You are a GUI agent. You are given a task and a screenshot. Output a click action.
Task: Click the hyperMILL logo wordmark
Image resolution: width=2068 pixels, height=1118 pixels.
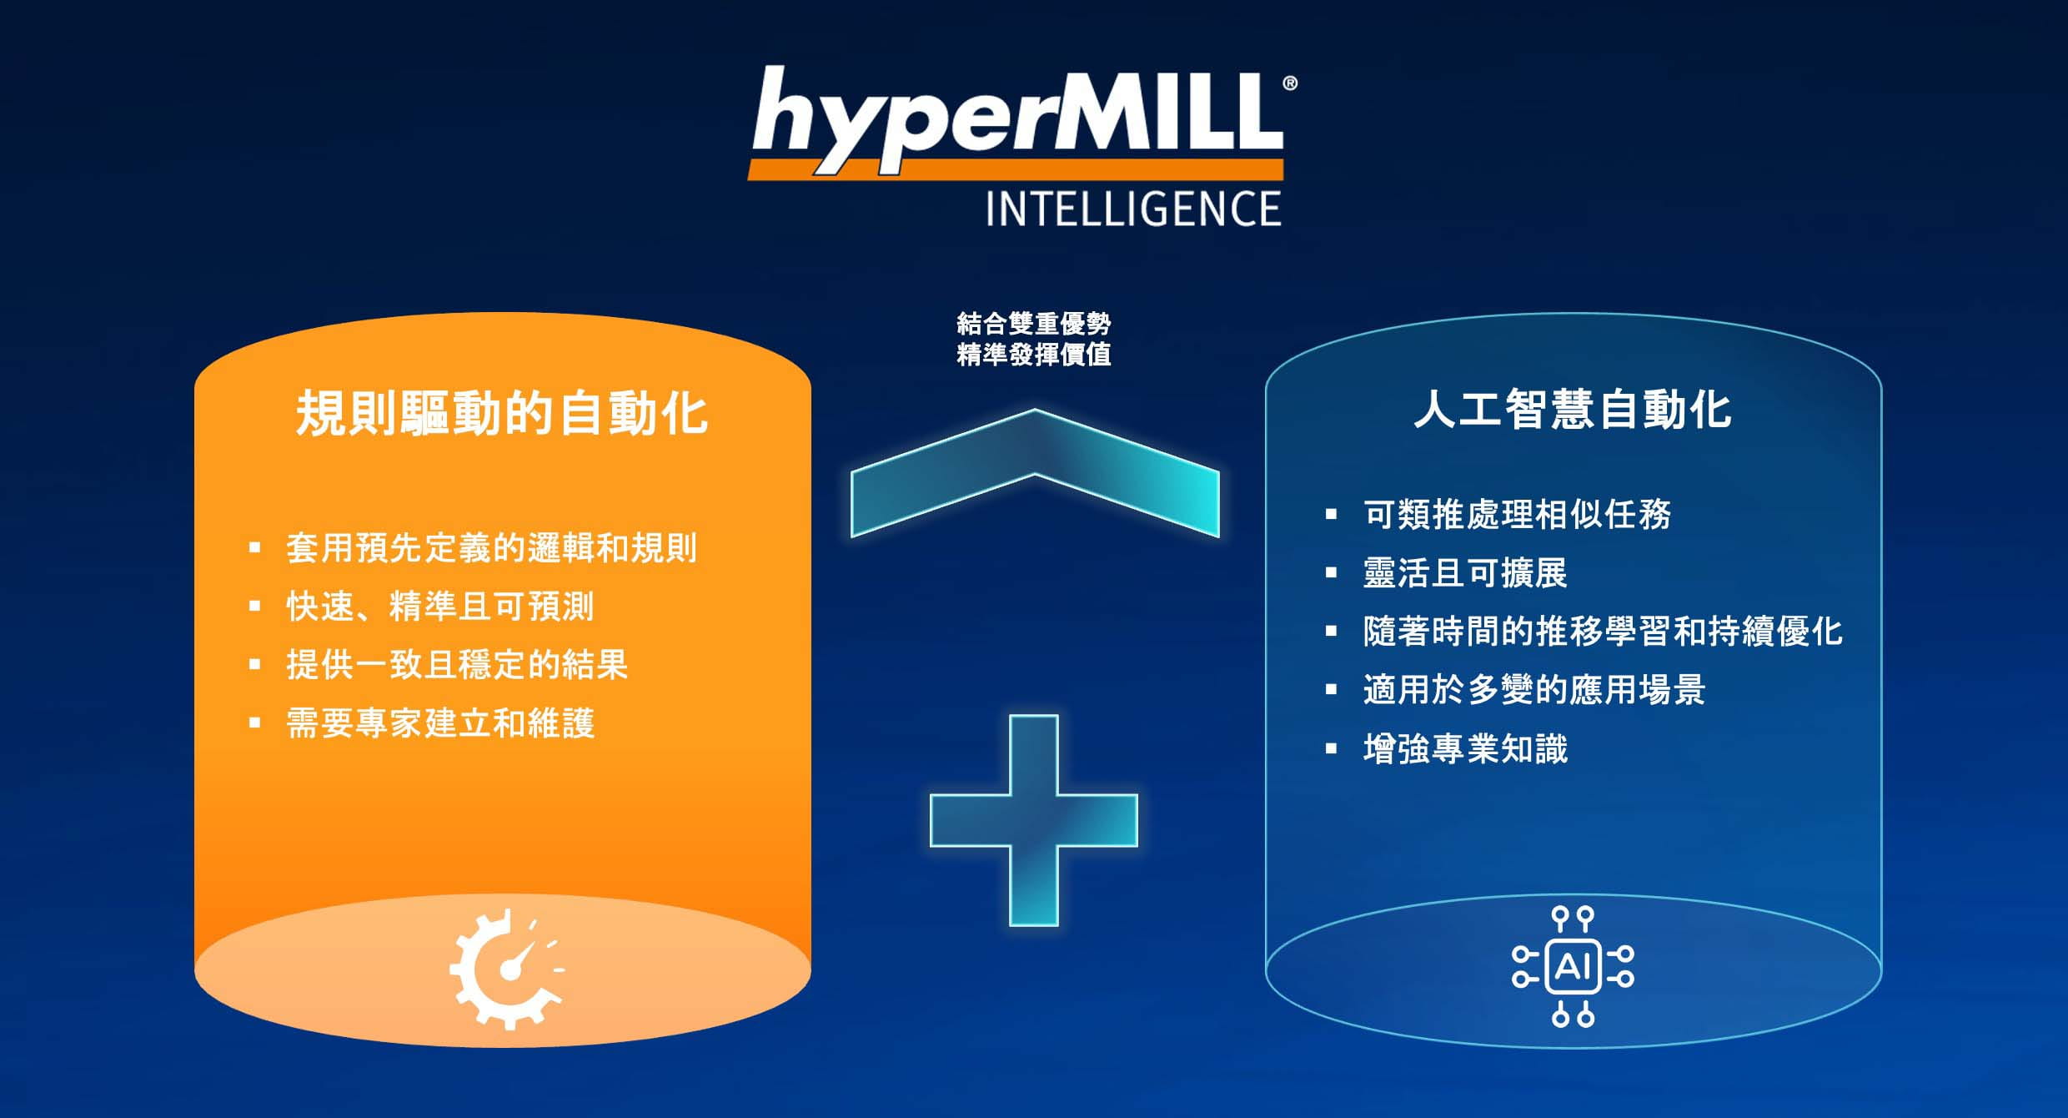[1017, 122]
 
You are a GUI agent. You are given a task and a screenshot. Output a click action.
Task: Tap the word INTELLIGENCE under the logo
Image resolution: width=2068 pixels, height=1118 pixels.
[1133, 209]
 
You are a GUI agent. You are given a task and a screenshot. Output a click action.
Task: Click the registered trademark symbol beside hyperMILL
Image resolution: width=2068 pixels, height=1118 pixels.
[1290, 83]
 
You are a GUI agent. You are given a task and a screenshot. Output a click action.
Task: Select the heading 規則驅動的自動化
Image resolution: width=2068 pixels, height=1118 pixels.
[502, 413]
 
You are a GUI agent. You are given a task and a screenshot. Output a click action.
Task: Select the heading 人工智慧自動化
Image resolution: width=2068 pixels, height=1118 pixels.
[1573, 410]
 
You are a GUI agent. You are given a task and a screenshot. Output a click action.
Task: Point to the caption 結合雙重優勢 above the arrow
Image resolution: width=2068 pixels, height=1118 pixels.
[1034, 323]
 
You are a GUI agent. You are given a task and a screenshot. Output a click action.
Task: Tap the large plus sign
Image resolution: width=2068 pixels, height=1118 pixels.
[1034, 820]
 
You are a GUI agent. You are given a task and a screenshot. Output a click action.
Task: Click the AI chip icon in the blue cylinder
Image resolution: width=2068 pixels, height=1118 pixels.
[1573, 967]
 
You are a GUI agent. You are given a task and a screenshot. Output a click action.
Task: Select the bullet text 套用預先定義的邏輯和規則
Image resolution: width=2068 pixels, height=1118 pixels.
[491, 548]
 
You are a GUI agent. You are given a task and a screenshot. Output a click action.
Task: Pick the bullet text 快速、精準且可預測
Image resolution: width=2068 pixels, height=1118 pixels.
[440, 607]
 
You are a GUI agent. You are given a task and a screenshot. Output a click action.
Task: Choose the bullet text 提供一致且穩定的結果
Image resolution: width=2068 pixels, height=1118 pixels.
[457, 665]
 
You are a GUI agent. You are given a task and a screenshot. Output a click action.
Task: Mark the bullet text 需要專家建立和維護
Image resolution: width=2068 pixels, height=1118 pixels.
[440, 723]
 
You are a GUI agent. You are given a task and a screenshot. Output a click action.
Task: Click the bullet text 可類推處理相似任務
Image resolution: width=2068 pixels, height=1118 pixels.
[1518, 514]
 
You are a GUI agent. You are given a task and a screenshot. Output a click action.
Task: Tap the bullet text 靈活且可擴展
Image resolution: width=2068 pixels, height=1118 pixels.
[1466, 573]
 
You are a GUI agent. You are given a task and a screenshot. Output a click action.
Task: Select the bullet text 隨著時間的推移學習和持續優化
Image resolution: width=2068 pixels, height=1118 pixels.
[1603, 632]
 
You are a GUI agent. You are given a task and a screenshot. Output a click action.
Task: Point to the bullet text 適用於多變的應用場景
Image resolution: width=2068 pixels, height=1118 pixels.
[1534, 690]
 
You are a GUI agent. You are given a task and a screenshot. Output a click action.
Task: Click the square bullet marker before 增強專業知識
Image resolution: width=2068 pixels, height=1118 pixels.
[1331, 749]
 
